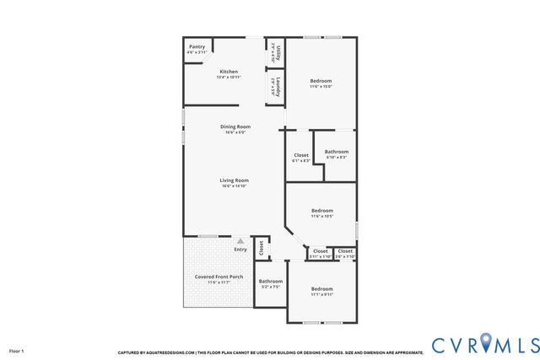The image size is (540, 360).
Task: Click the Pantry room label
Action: click(197, 47)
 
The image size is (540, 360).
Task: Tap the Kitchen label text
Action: click(229, 72)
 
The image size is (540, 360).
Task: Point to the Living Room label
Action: click(235, 180)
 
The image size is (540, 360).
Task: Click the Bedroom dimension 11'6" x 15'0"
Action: click(321, 86)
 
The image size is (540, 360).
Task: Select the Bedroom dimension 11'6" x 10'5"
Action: click(321, 217)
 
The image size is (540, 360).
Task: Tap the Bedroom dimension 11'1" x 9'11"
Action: click(321, 294)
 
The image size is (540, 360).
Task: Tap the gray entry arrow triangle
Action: click(240, 241)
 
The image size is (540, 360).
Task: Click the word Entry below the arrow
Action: click(240, 249)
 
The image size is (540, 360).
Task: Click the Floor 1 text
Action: click(17, 349)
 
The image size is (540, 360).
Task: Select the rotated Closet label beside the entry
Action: click(262, 248)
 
